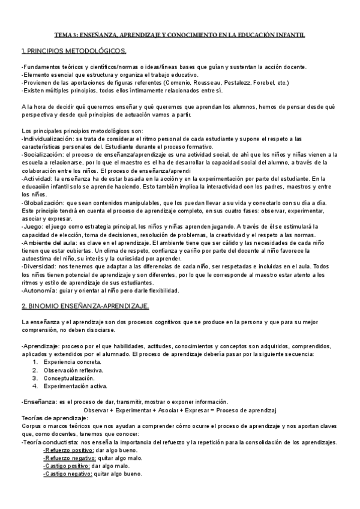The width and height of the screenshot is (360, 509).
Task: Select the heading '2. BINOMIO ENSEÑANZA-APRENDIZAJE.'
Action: click(85, 306)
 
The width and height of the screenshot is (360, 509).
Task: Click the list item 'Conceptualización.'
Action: click(69, 378)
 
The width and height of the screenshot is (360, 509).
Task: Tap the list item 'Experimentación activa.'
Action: click(76, 387)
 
